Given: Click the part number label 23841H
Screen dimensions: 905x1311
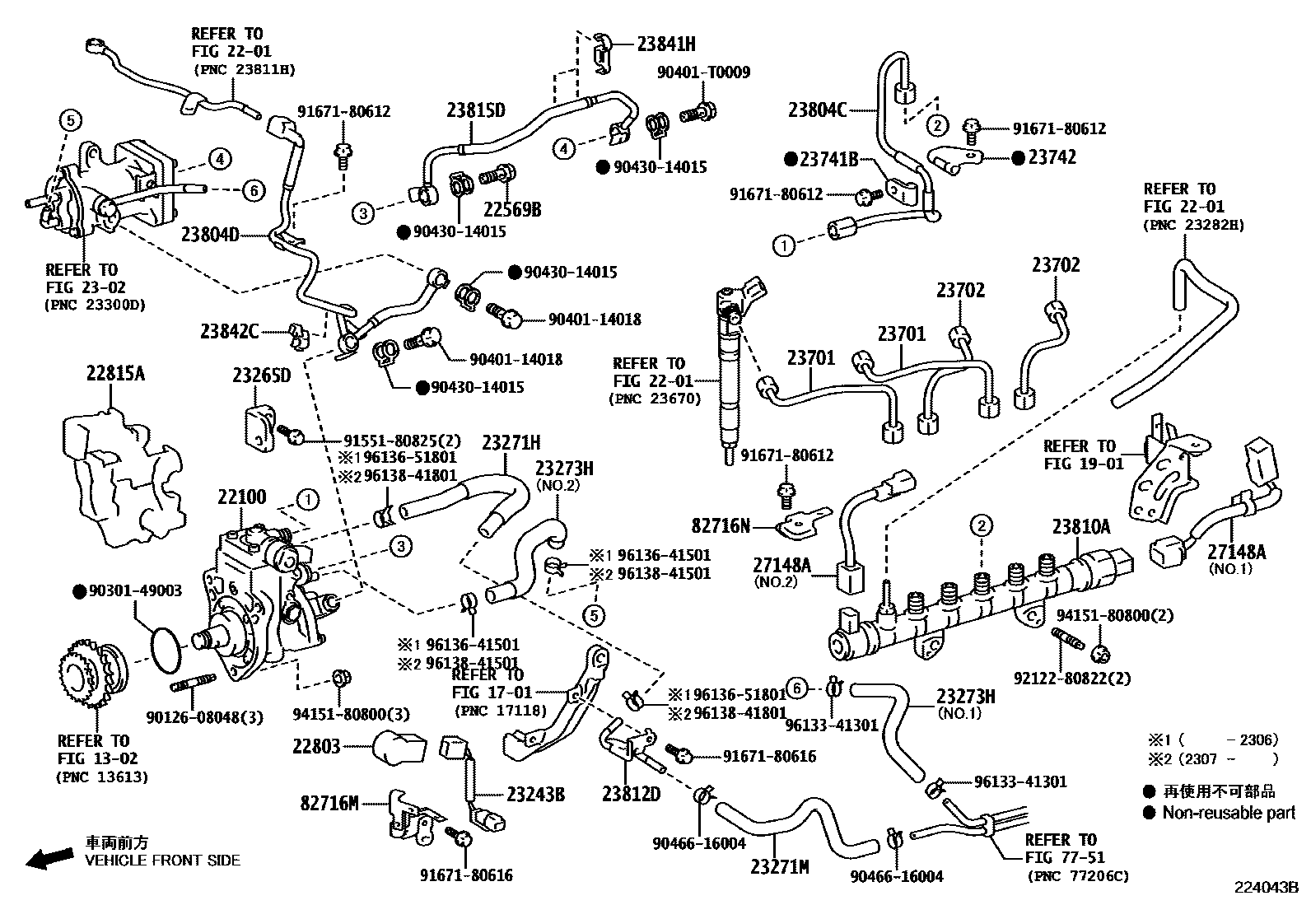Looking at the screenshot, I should click(x=665, y=44).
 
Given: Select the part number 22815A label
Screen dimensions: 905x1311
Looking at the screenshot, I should click(x=115, y=373).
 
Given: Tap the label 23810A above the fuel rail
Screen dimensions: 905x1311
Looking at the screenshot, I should click(x=1080, y=526).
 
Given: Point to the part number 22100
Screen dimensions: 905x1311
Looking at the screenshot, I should click(x=242, y=497).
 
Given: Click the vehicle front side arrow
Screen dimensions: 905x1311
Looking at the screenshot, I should click(x=49, y=859).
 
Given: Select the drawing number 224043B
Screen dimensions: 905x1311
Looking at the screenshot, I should click(x=1265, y=888).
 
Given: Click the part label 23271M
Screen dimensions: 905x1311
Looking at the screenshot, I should click(x=779, y=866).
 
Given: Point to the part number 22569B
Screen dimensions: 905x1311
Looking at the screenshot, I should click(x=512, y=209).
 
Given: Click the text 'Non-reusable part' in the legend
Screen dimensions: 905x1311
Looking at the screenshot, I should click(x=1229, y=813).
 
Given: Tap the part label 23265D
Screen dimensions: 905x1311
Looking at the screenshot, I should click(x=261, y=376).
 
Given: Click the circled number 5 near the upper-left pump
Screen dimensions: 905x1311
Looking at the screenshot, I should click(x=71, y=120).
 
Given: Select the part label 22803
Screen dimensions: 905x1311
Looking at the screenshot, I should click(x=316, y=746).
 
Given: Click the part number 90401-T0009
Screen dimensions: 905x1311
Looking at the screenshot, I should click(x=703, y=72).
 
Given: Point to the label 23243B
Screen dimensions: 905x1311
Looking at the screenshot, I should click(x=535, y=794).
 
